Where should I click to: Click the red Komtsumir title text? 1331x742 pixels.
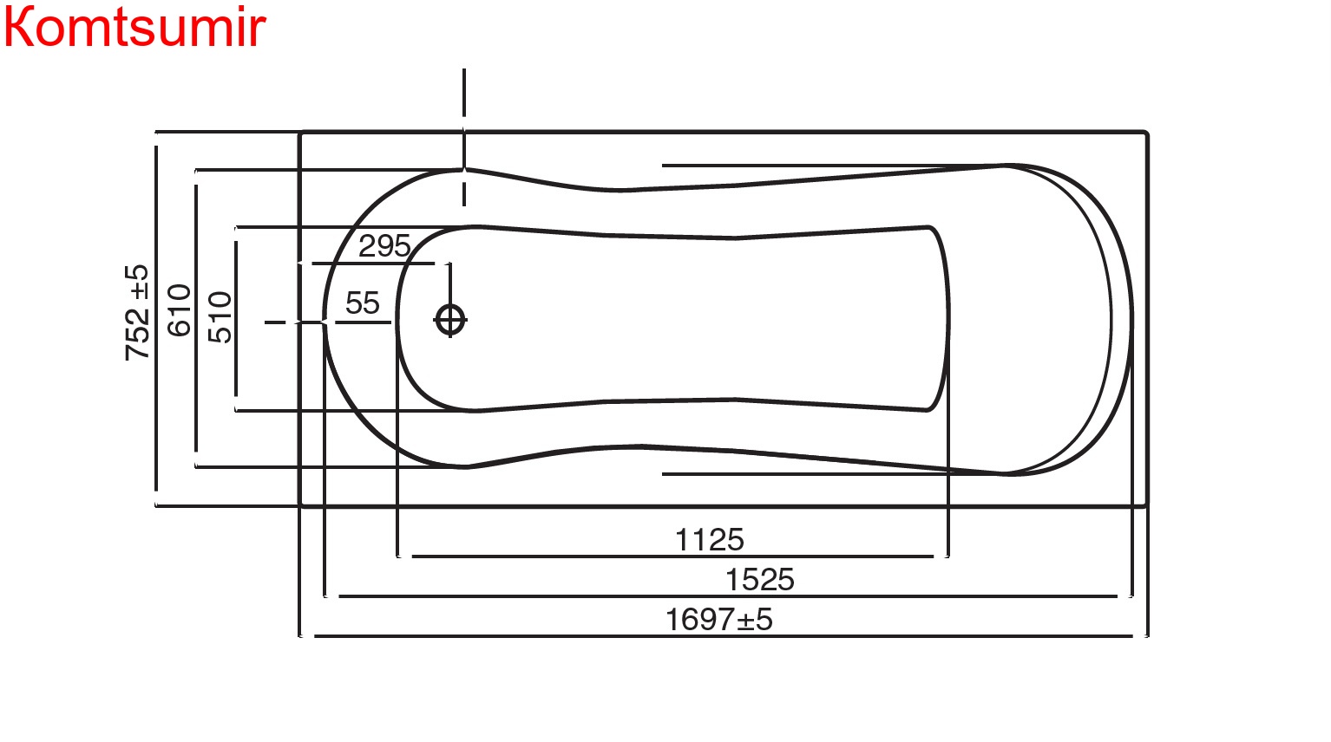(134, 28)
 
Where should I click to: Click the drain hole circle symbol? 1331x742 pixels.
(449, 320)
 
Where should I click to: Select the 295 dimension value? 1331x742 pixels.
(384, 246)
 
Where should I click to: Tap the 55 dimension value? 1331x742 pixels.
(362, 303)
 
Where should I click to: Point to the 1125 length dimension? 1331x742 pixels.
(709, 540)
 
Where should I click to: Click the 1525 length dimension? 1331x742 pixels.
(759, 580)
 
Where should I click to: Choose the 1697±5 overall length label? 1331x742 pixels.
(718, 620)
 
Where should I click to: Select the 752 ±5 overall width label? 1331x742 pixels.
(138, 312)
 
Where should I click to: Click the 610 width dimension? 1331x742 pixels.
(179, 310)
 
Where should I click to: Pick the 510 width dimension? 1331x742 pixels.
(220, 317)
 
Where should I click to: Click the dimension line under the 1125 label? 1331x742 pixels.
(672, 556)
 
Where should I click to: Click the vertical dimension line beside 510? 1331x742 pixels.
(236, 364)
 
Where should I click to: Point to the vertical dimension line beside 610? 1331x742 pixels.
(196, 390)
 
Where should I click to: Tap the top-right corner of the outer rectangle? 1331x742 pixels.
(1146, 133)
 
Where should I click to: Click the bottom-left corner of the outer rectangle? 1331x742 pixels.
(300, 504)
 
